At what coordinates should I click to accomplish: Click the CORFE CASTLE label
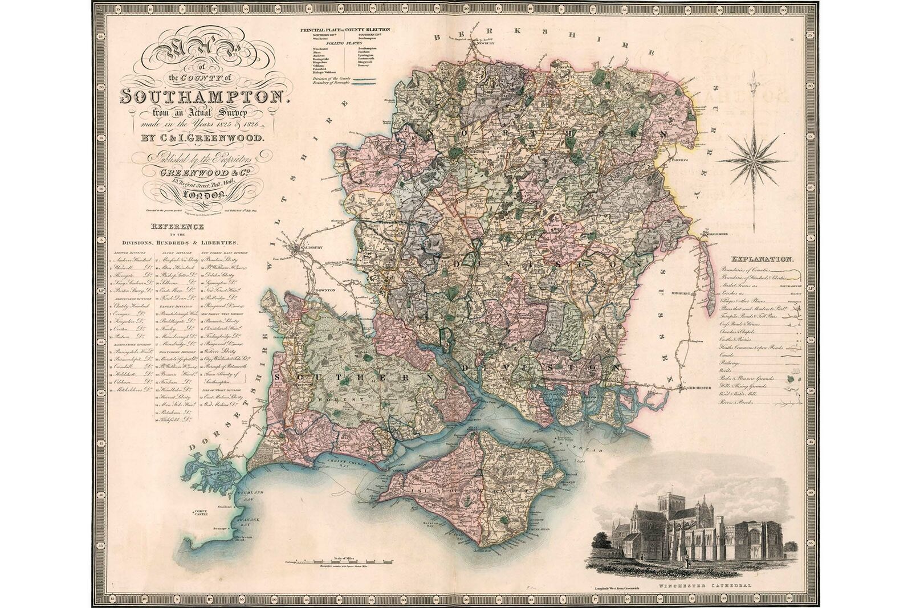tap(200, 513)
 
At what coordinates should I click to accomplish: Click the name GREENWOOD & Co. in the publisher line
tap(194, 171)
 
